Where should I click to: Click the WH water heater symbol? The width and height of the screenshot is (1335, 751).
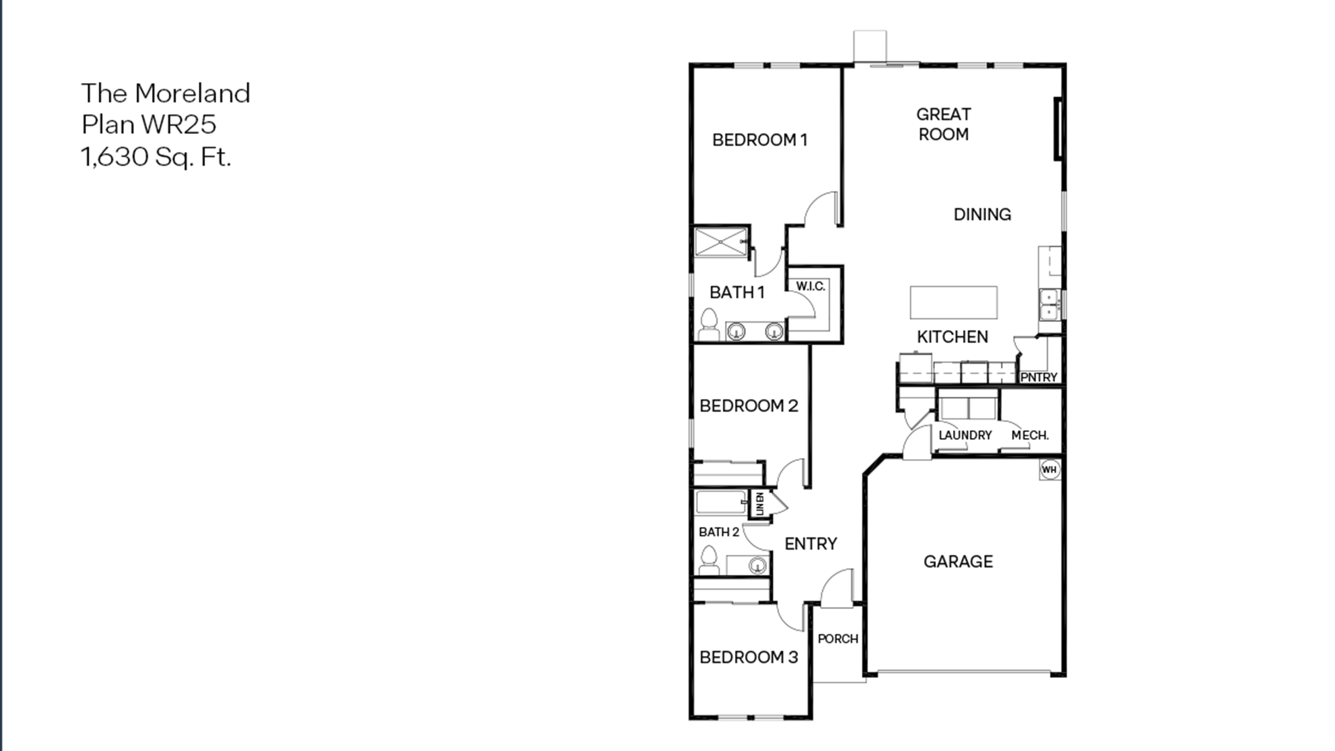pos(1049,470)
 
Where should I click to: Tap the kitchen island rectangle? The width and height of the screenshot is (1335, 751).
pos(953,302)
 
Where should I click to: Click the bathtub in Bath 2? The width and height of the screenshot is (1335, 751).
pos(720,502)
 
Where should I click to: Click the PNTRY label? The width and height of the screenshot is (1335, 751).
pos(1039,377)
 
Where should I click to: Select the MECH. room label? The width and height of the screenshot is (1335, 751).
pos(1030,435)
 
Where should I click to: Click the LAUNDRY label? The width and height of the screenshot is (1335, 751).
pos(965,435)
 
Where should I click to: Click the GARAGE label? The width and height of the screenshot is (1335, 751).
pos(958,561)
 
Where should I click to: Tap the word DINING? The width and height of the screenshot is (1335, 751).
pos(982,215)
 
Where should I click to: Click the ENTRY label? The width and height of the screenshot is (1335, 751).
pos(811,544)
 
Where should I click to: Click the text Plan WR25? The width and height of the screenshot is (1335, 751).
pos(149,124)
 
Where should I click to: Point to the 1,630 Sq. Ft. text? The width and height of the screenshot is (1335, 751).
pos(155,157)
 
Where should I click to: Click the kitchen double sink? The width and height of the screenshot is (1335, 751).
pos(1049,305)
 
